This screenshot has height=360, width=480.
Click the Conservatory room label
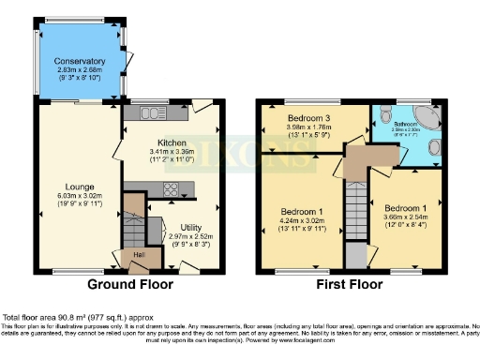(80, 61)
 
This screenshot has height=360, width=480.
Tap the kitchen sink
(150, 113)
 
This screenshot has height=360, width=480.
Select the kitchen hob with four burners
(172, 189)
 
